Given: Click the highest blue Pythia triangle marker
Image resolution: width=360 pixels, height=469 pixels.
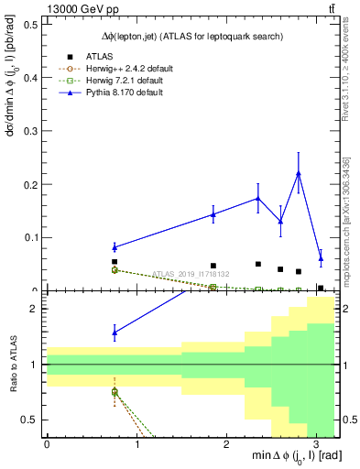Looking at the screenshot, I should pyautogui.click(x=299, y=173).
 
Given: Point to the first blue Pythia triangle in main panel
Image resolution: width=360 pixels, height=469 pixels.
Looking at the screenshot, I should pyautogui.click(x=115, y=246).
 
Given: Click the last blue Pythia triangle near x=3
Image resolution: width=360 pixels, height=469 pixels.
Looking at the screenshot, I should pyautogui.click(x=321, y=258).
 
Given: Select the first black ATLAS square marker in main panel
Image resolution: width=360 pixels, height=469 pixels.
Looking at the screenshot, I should pyautogui.click(x=115, y=262).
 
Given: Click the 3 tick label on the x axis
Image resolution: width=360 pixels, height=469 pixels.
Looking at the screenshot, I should pyautogui.click(x=315, y=445).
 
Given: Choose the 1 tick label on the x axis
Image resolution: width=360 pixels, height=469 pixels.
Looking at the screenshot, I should pyautogui.click(x=136, y=445).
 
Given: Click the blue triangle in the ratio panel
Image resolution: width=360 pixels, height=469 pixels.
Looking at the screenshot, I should pyautogui.click(x=115, y=333).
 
